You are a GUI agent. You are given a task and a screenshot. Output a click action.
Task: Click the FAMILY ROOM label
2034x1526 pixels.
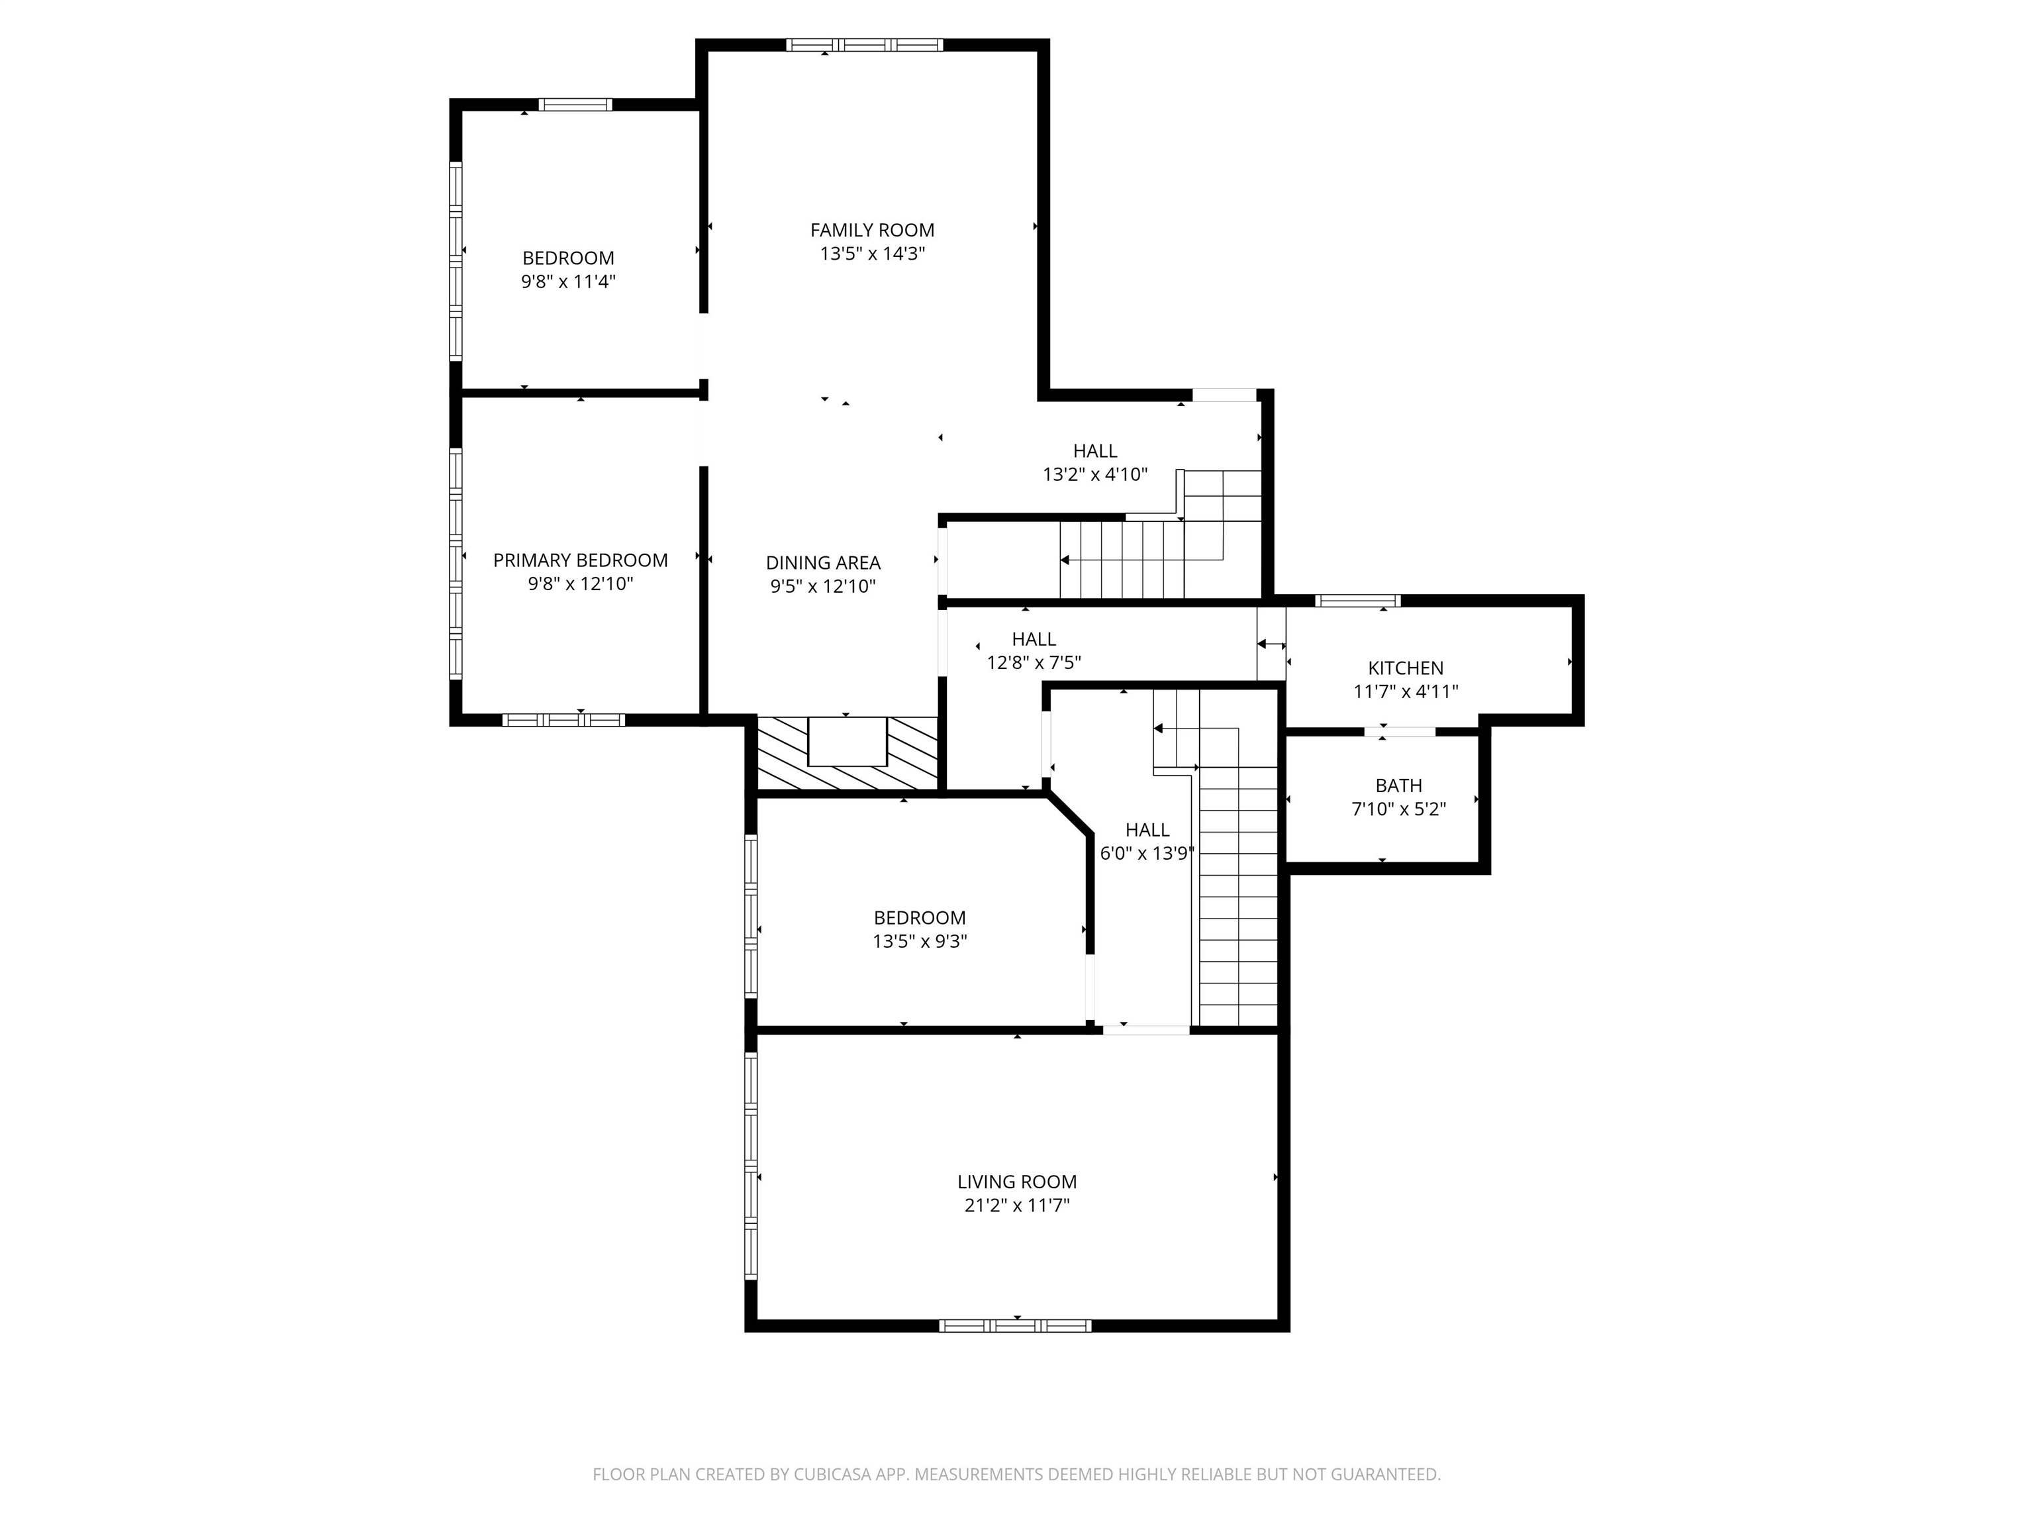[x=872, y=230]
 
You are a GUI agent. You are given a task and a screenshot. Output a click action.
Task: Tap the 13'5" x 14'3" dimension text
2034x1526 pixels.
[x=872, y=254]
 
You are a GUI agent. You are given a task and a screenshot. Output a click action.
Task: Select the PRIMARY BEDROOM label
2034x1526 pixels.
[x=580, y=560]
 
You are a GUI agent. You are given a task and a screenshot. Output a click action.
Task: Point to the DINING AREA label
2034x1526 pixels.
[x=823, y=562]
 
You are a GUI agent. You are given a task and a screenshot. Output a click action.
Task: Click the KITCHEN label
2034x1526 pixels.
[x=1405, y=668]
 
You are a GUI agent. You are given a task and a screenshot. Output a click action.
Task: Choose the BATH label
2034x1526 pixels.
[x=1398, y=786]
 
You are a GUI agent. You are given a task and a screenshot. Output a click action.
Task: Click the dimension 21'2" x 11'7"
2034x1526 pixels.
[x=1016, y=1205]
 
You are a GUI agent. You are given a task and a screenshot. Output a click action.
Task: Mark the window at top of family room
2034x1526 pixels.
[x=864, y=44]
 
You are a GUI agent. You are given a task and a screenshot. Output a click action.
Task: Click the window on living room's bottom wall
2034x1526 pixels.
[x=1015, y=1325]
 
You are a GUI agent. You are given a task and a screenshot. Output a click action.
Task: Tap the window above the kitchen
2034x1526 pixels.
[x=1357, y=601]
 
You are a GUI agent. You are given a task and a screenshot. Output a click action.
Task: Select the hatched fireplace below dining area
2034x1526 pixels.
[x=847, y=752]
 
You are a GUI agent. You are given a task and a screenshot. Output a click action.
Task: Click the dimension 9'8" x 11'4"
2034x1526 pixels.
[x=568, y=281]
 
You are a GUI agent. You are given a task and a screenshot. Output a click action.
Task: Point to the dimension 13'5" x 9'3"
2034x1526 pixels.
[x=920, y=941]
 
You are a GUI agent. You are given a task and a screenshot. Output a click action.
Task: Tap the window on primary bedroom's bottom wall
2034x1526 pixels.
[x=563, y=719]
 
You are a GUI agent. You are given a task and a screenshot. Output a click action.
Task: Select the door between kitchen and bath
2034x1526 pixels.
[x=1398, y=731]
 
